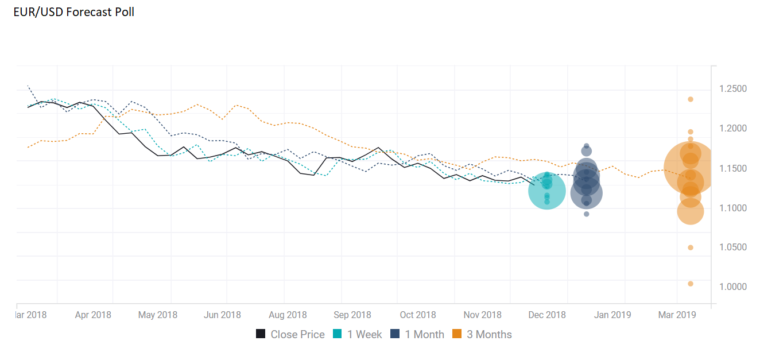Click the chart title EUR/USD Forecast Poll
[x=73, y=11]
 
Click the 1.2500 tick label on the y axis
[x=733, y=89]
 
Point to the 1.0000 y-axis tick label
[x=733, y=287]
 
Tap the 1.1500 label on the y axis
[x=733, y=168]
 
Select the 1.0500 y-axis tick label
[x=733, y=247]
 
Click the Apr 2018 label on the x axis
[x=93, y=315]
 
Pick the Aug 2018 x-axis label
[x=288, y=315]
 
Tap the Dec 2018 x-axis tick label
[x=546, y=315]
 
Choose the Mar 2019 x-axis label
[x=677, y=315]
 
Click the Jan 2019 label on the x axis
[x=612, y=315]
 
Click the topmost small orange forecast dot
[x=691, y=99]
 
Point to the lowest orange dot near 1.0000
[x=691, y=284]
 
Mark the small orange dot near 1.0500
[x=691, y=247]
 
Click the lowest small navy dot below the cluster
[x=586, y=214]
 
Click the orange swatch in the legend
[x=457, y=334]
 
